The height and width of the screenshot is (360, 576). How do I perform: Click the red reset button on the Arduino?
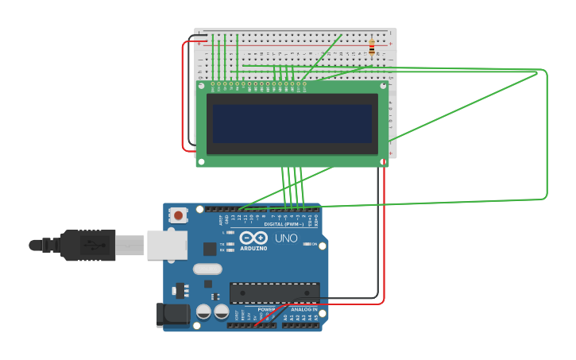178,215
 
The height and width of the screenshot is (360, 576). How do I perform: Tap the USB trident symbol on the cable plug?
94,244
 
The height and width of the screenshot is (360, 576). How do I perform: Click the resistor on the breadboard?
371,47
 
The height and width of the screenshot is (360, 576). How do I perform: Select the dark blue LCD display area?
292,123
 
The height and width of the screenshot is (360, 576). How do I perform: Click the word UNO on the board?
286,238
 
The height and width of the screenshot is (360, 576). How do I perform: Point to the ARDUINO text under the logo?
253,248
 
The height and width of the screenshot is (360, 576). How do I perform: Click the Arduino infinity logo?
253,238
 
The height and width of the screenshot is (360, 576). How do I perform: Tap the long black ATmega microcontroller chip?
274,292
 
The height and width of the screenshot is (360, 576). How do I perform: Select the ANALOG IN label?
303,309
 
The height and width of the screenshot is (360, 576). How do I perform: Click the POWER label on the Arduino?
266,309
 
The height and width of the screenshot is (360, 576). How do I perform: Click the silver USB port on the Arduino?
167,245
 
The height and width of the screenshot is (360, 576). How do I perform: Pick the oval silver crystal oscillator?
207,269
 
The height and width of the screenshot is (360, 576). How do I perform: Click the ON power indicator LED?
307,244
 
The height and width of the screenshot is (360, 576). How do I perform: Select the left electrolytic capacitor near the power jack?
203,312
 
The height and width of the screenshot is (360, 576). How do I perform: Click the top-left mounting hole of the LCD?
201,85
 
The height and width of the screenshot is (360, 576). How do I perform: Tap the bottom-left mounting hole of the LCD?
201,161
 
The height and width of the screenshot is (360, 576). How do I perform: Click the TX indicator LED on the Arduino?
230,244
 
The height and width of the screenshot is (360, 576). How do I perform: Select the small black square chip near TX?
210,249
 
